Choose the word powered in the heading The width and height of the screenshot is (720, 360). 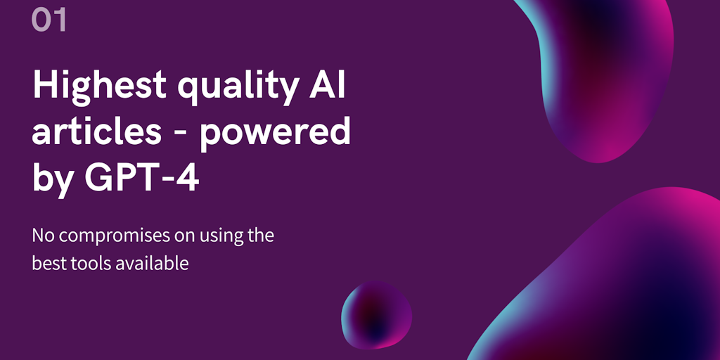click(x=276, y=133)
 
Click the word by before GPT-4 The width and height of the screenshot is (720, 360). click(x=52, y=179)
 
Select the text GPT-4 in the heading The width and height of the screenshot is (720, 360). click(x=141, y=178)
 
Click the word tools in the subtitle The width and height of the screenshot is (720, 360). click(x=81, y=264)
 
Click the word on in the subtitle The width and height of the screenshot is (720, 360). click(x=184, y=237)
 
